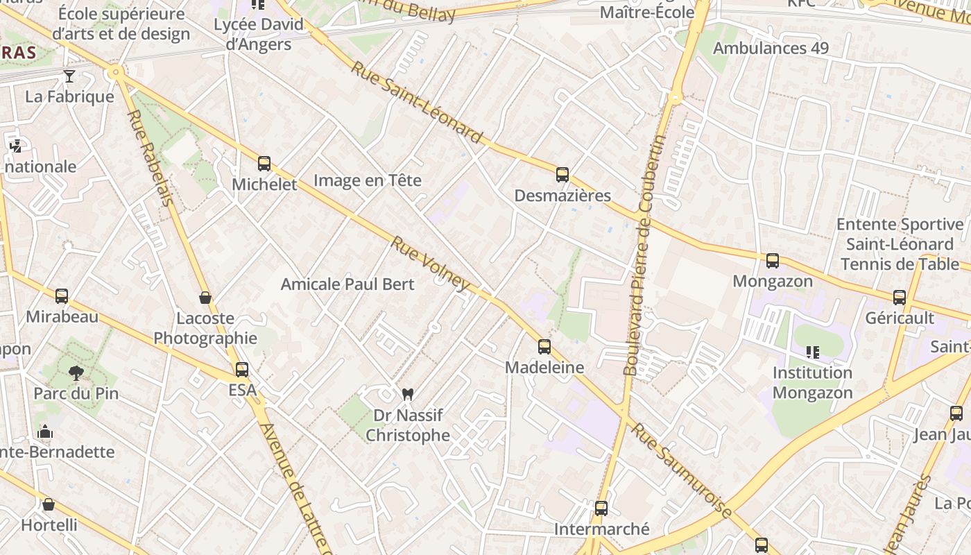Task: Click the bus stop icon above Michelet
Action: (x=264, y=164)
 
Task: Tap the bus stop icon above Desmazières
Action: (x=562, y=175)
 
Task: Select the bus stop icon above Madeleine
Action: (x=544, y=346)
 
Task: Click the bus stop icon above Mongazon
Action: (x=772, y=261)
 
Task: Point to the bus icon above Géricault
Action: (x=900, y=298)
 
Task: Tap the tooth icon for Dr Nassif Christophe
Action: (x=407, y=394)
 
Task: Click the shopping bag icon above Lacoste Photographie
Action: (x=205, y=298)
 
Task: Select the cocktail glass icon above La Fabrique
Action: (x=69, y=76)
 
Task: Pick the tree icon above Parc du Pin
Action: (x=76, y=373)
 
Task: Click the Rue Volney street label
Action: (x=431, y=263)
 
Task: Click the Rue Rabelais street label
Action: (x=150, y=158)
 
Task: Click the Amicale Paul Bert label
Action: (x=347, y=284)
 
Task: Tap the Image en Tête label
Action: (x=367, y=180)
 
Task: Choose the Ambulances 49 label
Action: (x=771, y=48)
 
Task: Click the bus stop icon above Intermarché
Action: (x=601, y=509)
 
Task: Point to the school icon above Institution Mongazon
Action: (x=812, y=352)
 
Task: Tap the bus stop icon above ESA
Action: (x=241, y=370)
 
